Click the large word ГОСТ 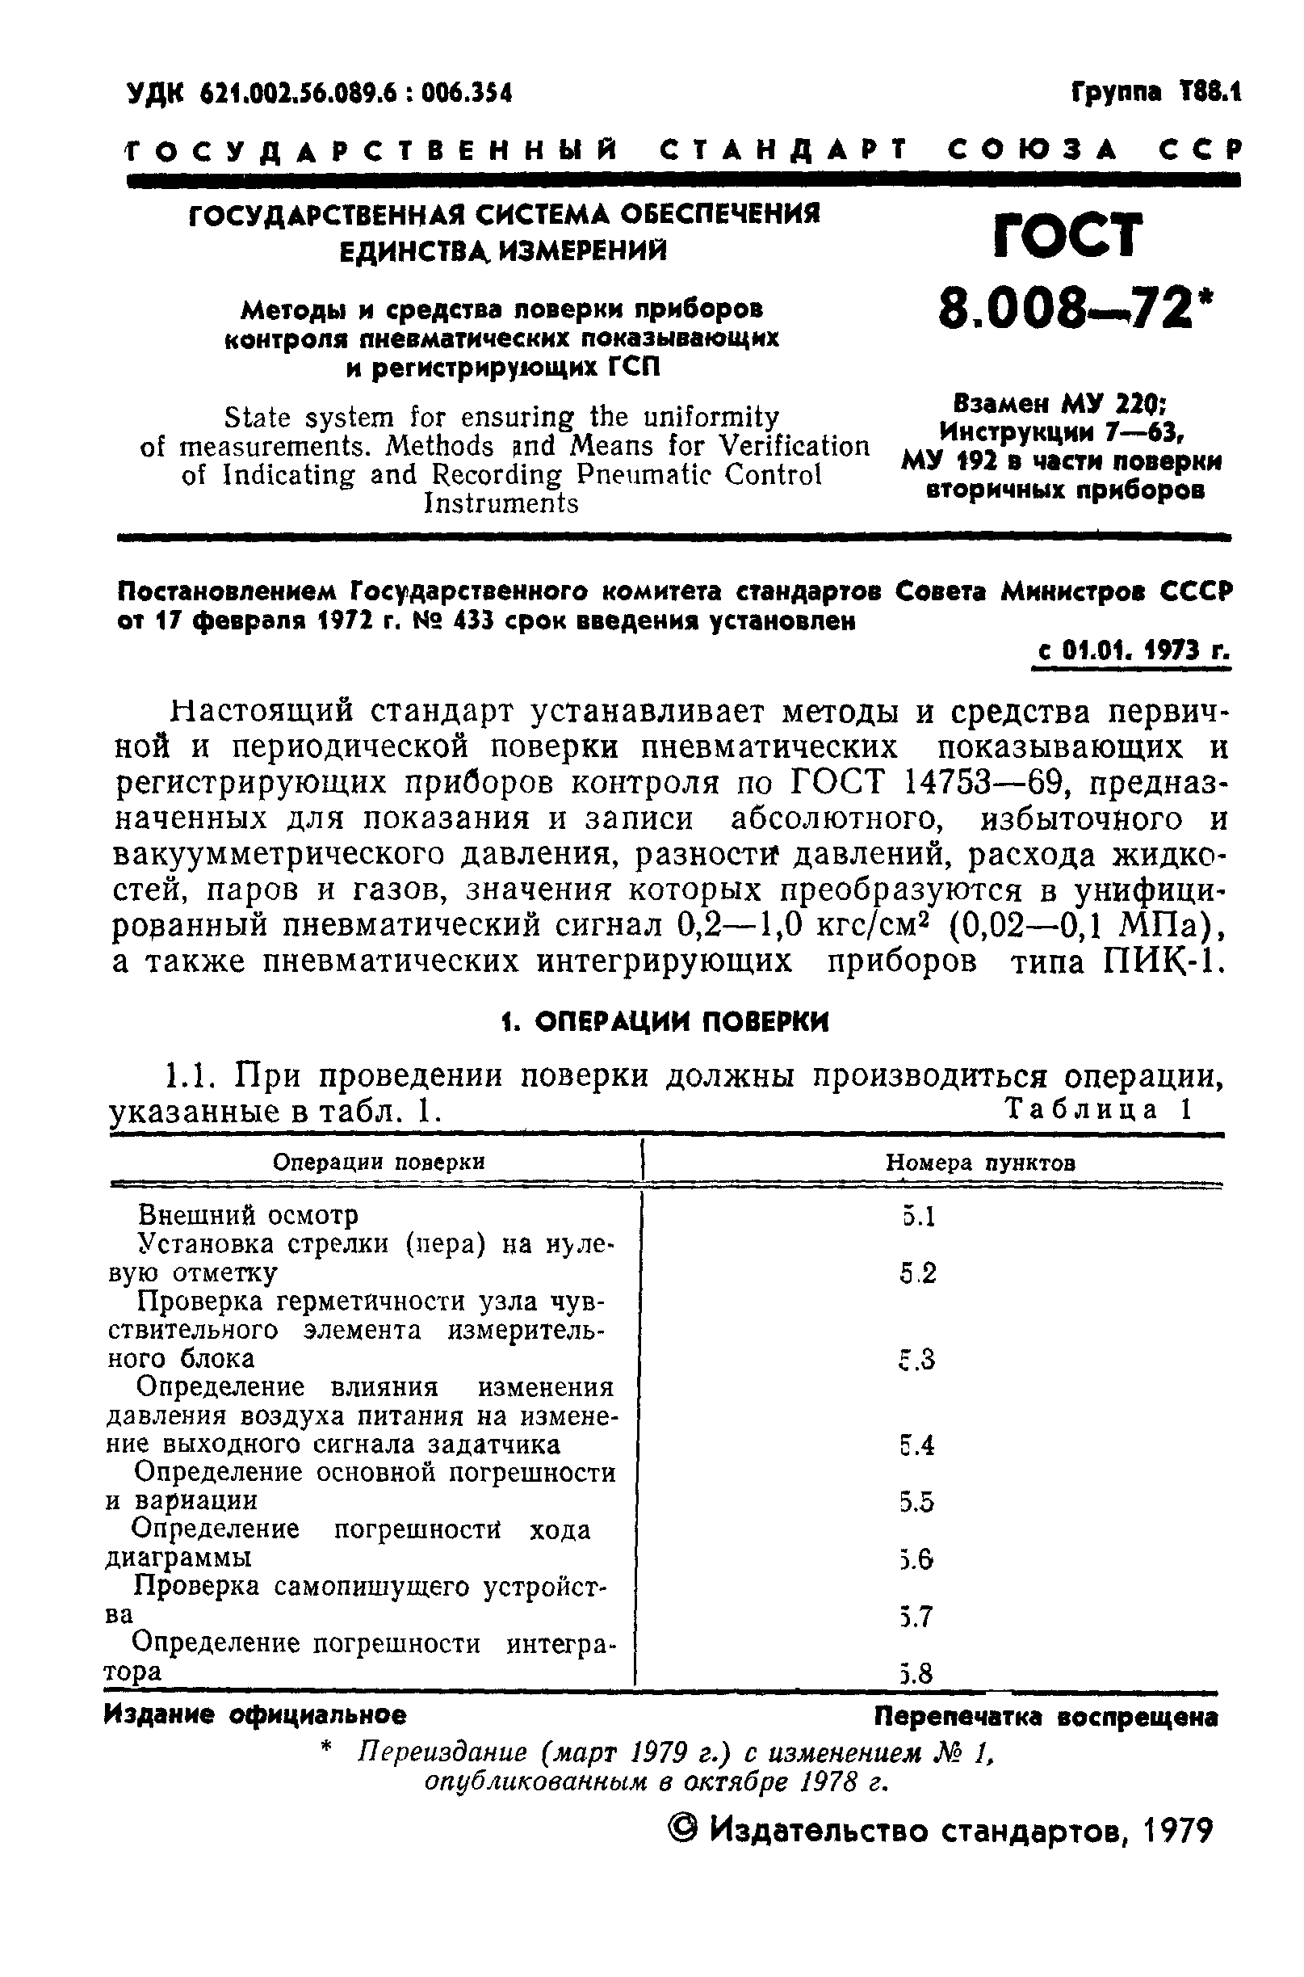(x=1067, y=235)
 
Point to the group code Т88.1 (x=1210, y=91)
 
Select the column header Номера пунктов (x=980, y=1163)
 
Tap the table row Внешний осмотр (x=248, y=1216)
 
